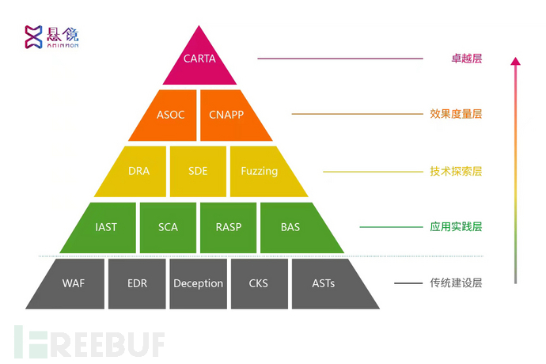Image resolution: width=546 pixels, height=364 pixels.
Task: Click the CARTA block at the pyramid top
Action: [x=199, y=59]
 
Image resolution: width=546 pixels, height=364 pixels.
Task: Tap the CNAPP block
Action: [x=227, y=114]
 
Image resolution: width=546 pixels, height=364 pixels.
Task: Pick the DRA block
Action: [x=138, y=170]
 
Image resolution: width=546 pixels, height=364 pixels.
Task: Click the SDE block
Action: [x=199, y=170]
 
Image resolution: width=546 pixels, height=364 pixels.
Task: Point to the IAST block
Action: [x=105, y=227]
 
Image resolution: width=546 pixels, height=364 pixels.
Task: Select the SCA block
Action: [x=168, y=227]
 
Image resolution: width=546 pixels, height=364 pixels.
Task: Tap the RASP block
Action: [x=228, y=227]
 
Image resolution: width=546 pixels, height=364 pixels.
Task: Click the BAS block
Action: [x=290, y=227]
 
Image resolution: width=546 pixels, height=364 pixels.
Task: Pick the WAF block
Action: [x=74, y=282]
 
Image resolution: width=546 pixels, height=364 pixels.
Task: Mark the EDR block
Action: [x=136, y=282]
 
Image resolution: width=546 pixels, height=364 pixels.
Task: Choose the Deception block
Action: [x=198, y=282]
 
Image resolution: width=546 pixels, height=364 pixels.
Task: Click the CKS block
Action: [x=259, y=282]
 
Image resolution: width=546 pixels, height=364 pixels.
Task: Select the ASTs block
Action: [x=324, y=282]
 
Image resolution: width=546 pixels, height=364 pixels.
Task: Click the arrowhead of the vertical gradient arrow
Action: [x=515, y=61]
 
